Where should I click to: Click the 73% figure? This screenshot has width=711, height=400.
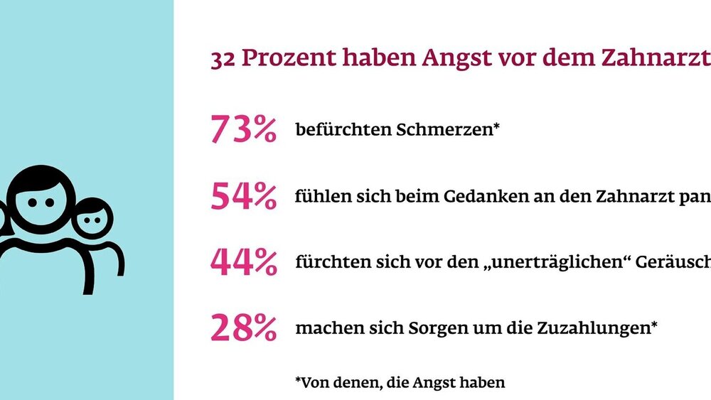click(x=243, y=130)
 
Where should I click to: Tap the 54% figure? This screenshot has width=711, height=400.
click(x=243, y=196)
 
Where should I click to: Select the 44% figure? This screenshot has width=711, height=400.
click(x=243, y=262)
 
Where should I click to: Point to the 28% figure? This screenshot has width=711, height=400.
click(x=243, y=328)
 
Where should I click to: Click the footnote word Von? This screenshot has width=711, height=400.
click(x=314, y=382)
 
